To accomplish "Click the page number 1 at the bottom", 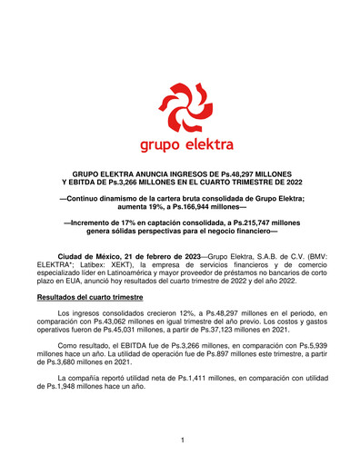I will tap(183, 440).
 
